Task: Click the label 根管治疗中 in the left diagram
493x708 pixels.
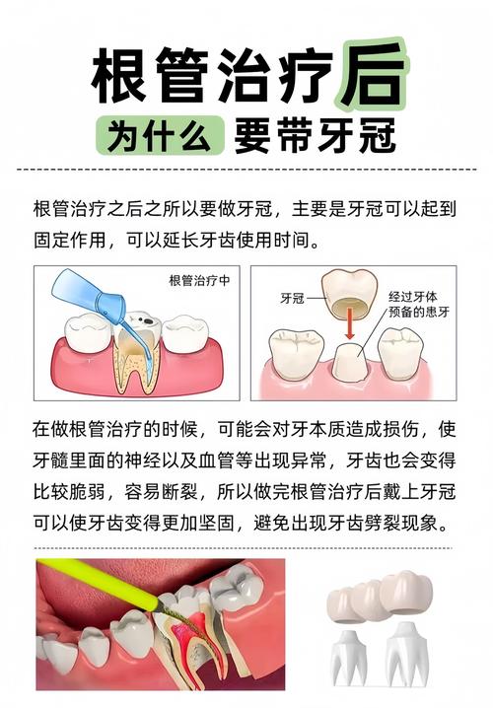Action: pyautogui.click(x=200, y=280)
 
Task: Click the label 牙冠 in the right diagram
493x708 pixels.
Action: pyautogui.click(x=291, y=297)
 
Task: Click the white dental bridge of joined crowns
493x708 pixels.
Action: pyautogui.click(x=380, y=598)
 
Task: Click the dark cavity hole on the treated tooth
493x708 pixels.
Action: pyautogui.click(x=142, y=319)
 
